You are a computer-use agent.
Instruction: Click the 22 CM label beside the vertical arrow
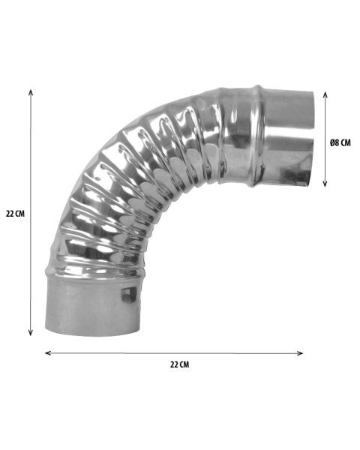point(15,214)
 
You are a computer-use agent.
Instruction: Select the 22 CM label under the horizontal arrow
point(180,364)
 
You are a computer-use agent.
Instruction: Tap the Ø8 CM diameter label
point(340,142)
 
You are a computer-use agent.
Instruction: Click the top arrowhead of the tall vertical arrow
point(31,92)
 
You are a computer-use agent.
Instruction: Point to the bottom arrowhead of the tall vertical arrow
point(31,333)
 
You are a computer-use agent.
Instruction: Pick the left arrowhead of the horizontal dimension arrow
point(48,353)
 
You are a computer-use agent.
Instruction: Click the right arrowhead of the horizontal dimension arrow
point(300,353)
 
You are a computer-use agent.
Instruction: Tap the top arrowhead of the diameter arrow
point(325,95)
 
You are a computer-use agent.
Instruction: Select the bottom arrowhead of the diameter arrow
point(325,184)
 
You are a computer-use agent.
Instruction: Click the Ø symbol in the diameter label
point(332,142)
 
